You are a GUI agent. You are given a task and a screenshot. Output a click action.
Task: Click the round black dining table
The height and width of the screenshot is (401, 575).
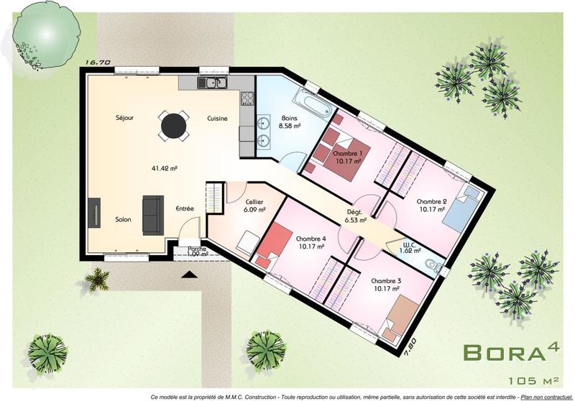coord(173,126)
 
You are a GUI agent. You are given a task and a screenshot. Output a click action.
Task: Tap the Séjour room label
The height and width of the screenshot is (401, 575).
coord(124,117)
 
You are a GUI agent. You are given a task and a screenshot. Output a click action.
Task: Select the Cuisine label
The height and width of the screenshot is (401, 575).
coord(218,118)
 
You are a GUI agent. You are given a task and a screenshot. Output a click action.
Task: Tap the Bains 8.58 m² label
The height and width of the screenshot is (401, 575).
coord(290,121)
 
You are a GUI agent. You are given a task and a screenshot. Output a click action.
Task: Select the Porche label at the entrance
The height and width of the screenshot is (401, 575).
coord(197,250)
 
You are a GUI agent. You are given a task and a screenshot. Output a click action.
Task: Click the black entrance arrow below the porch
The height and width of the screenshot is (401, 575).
coord(189,273)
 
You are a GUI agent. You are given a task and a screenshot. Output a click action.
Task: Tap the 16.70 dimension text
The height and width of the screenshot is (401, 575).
coord(97,63)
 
